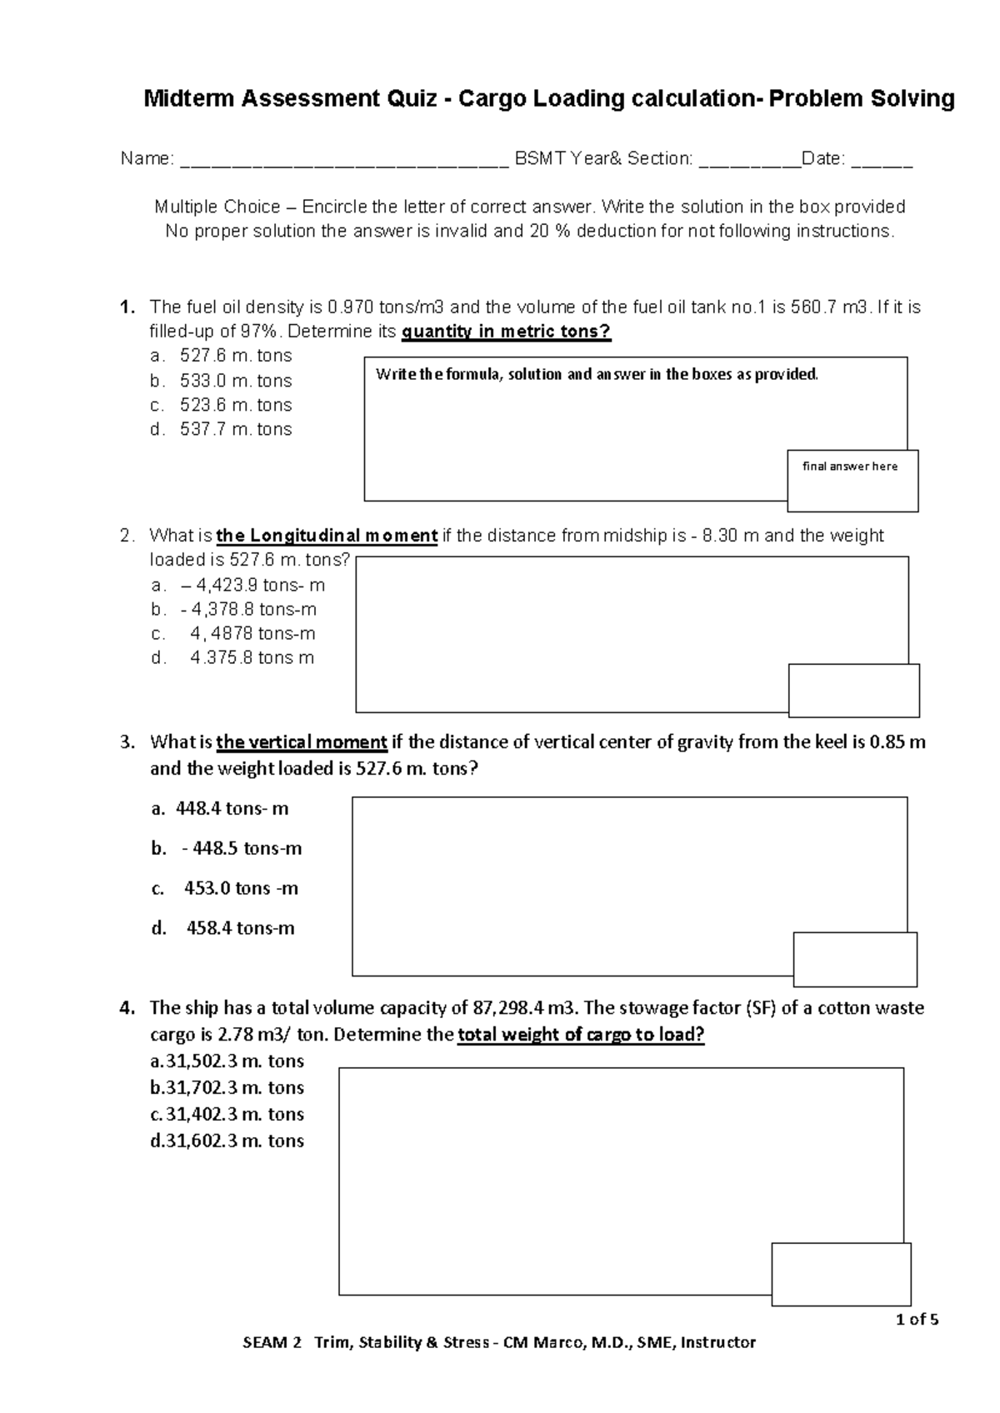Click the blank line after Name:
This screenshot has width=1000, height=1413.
(x=343, y=161)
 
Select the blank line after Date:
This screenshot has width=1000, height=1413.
(x=882, y=161)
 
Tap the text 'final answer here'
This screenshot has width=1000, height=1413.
(x=850, y=467)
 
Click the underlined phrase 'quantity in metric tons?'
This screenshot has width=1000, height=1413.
(x=506, y=332)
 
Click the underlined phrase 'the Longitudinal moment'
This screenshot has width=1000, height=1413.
(x=327, y=536)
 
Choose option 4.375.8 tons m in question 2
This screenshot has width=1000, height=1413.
(x=252, y=657)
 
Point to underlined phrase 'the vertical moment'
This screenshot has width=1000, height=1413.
(x=302, y=741)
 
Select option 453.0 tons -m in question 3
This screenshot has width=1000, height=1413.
(x=241, y=888)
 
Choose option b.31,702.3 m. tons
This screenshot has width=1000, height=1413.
(x=227, y=1087)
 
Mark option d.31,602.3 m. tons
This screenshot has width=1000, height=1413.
(x=227, y=1141)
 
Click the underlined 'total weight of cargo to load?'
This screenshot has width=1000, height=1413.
(x=581, y=1035)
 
